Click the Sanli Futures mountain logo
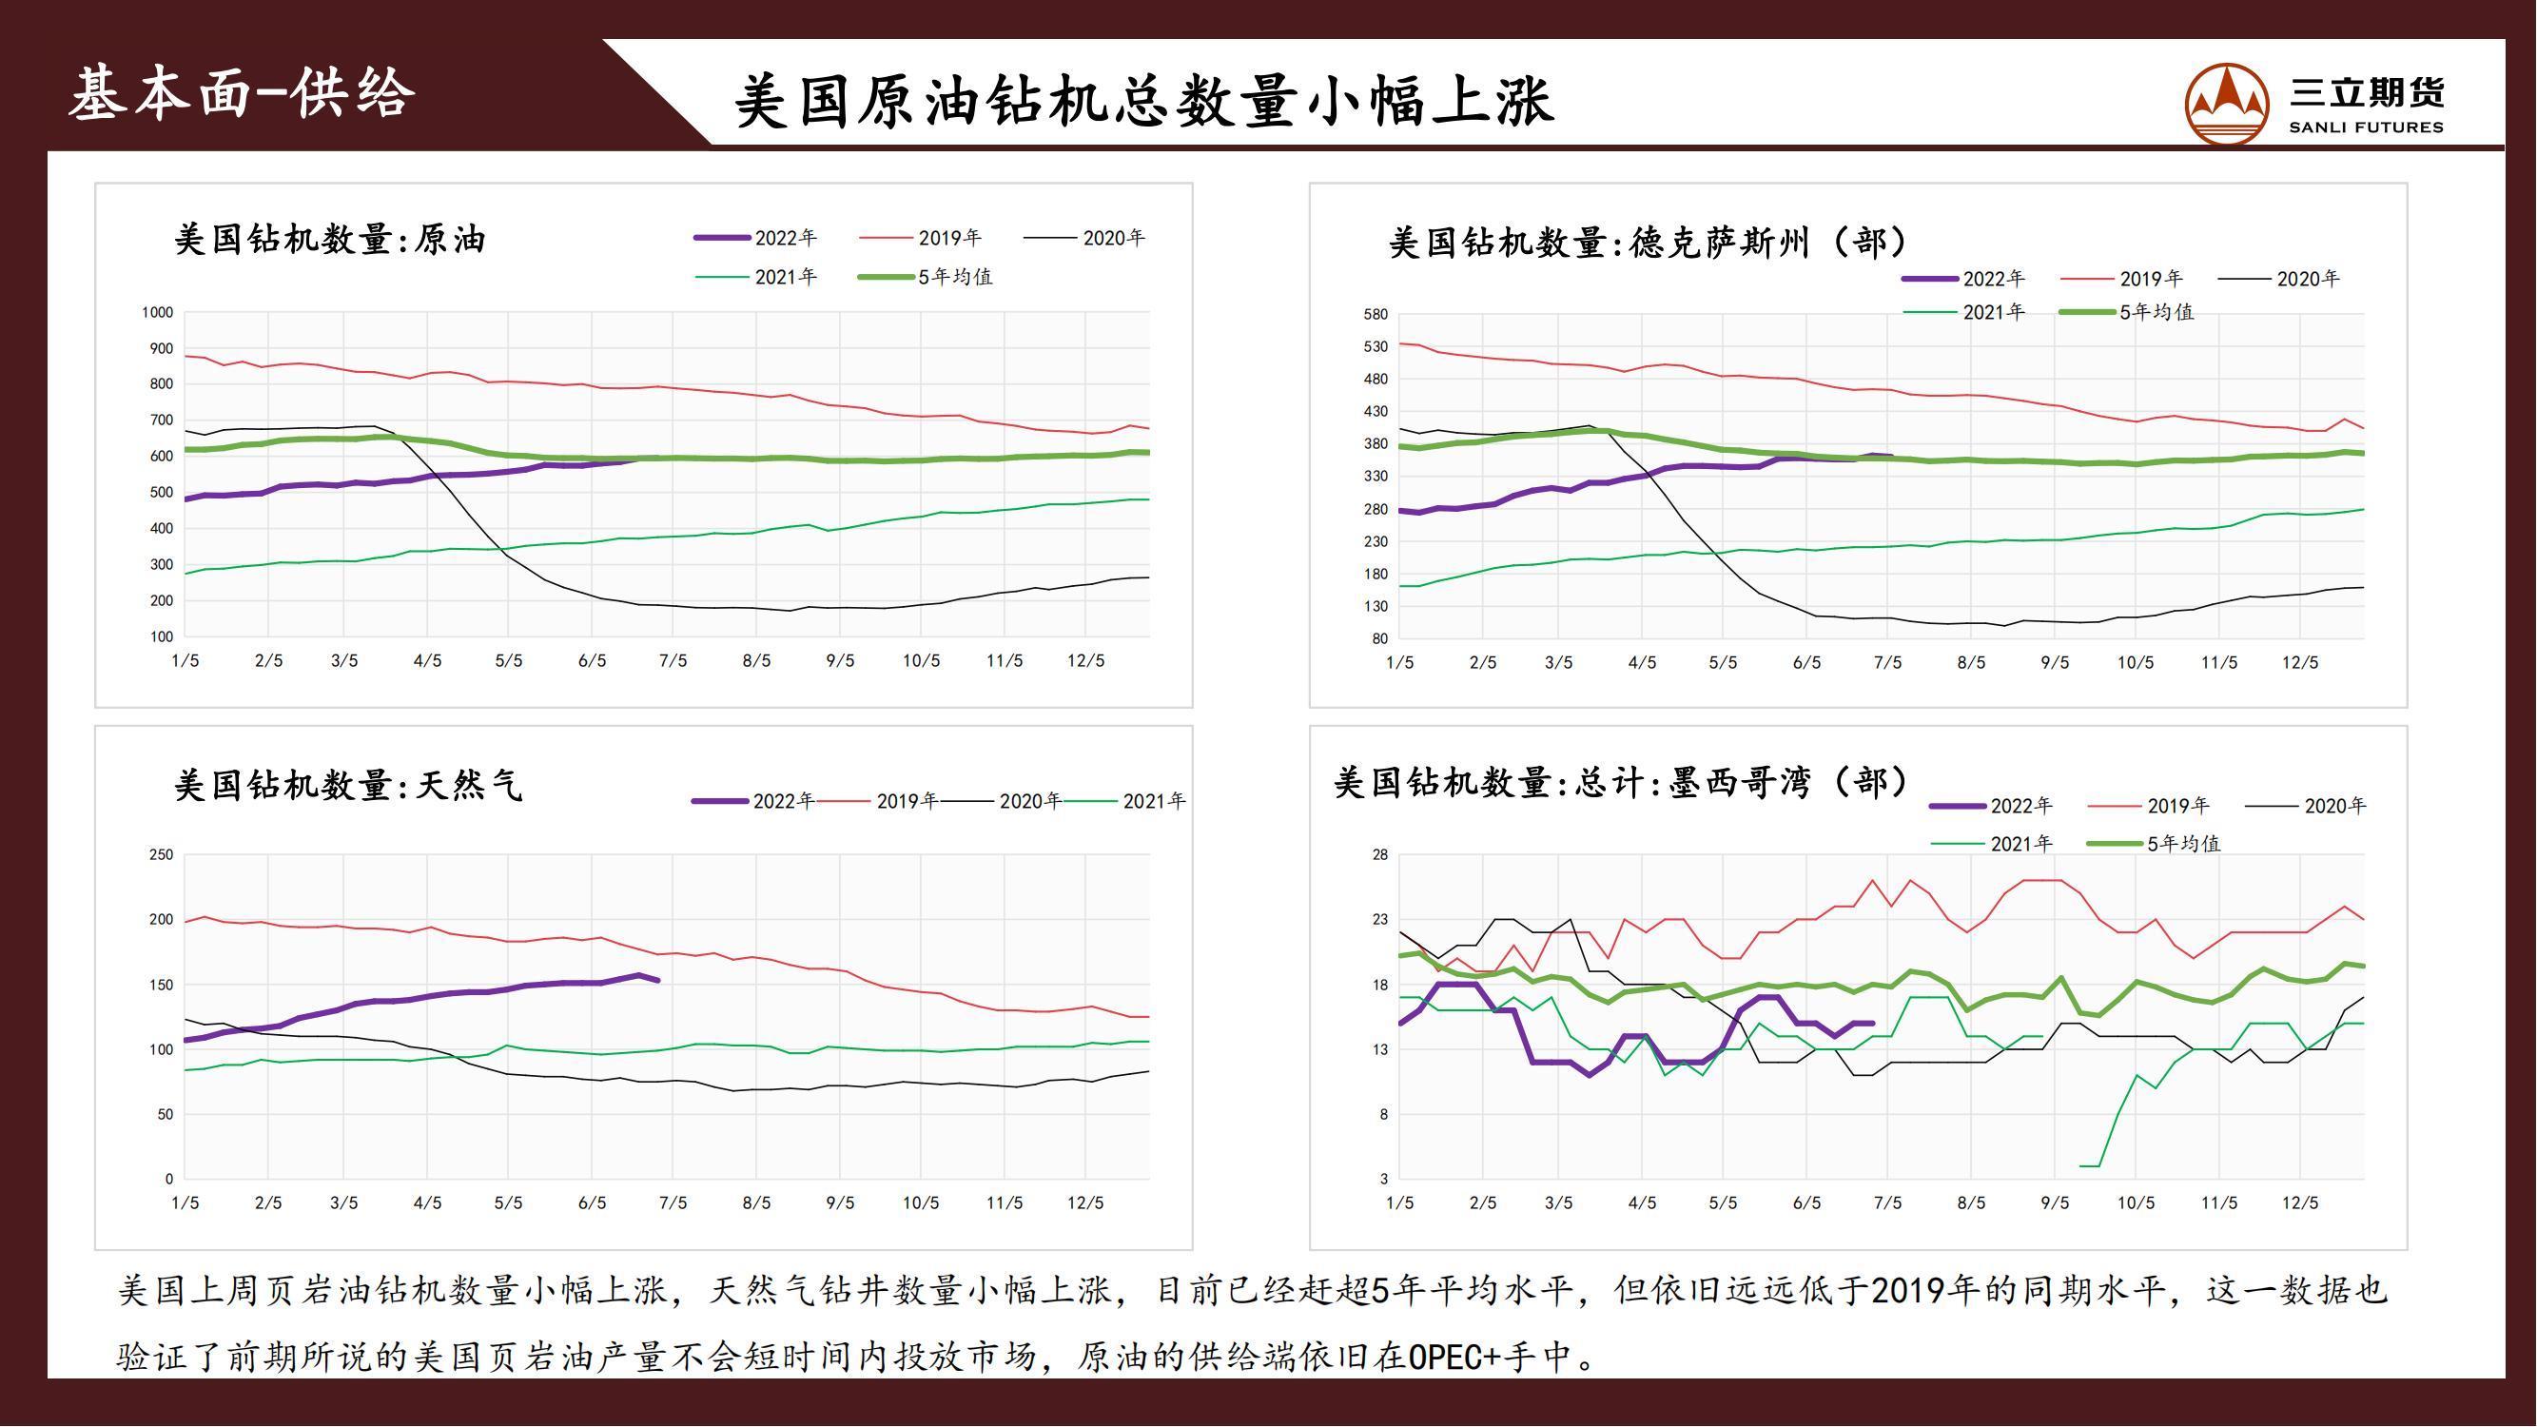[2226, 105]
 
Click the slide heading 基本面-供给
[242, 94]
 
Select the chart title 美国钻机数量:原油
[330, 240]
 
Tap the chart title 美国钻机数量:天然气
[347, 785]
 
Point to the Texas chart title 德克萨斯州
[1720, 243]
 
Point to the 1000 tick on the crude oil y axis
[157, 313]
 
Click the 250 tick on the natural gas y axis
[161, 855]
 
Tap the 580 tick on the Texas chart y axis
[1375, 315]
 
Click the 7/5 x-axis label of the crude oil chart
[673, 661]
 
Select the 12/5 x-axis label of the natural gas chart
[1085, 1203]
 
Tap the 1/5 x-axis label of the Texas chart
[1399, 663]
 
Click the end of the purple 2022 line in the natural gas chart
[658, 981]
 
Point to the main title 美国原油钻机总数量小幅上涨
[1143, 101]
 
